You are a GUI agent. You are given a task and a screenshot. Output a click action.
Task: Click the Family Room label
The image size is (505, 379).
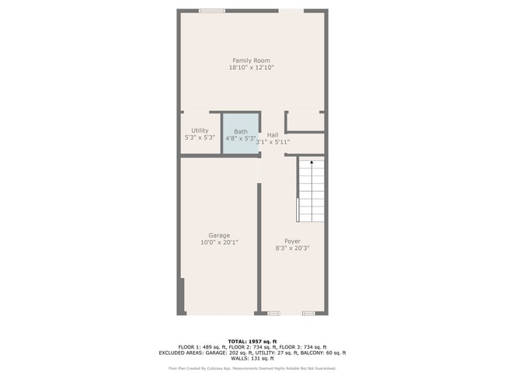[x=251, y=61]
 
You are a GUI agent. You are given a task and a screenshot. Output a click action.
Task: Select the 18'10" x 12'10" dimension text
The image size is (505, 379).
[x=251, y=68]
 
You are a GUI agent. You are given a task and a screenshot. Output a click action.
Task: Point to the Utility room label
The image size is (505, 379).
[x=200, y=130]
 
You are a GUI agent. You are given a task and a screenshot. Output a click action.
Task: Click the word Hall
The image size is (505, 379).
[x=273, y=134]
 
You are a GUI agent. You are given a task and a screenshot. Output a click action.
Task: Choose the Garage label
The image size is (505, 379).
[x=219, y=235]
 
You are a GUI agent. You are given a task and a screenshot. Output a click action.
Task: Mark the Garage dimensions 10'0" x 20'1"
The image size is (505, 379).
[x=219, y=242]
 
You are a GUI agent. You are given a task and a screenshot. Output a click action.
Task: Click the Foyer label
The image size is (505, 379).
[x=292, y=241]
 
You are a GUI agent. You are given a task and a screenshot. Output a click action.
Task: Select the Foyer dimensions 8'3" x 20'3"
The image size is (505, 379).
[x=292, y=249]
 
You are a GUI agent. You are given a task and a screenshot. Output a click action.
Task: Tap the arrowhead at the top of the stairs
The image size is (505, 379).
[x=311, y=162]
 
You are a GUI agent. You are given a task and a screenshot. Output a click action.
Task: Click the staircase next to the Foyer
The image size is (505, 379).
[x=311, y=190]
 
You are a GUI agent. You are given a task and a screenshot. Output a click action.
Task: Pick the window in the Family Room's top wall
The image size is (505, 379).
[x=211, y=11]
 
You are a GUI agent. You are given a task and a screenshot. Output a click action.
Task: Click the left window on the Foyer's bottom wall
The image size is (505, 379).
[x=273, y=313]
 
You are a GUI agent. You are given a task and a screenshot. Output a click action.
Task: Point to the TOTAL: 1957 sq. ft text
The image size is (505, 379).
[x=252, y=341]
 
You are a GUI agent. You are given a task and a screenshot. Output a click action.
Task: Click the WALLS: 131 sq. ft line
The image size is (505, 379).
[x=252, y=359]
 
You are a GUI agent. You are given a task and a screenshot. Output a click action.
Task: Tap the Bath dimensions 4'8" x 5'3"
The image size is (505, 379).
[x=241, y=138]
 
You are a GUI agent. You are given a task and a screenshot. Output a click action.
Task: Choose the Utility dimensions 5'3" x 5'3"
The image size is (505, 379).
[x=200, y=137]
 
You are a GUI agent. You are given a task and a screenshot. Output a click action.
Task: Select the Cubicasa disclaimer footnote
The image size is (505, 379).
[x=252, y=368]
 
